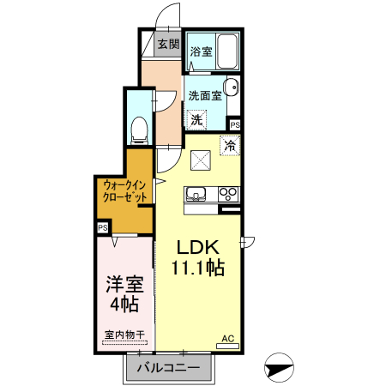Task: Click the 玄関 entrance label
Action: (x=168, y=44)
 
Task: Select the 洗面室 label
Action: (x=206, y=96)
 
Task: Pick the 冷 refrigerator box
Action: (x=229, y=146)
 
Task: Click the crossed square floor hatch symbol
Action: (x=201, y=159)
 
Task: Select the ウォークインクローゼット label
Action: (x=125, y=190)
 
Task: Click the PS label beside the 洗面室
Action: (x=235, y=125)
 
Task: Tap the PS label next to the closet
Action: (x=103, y=228)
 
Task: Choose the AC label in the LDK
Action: (x=228, y=338)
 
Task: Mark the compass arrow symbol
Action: (x=279, y=368)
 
